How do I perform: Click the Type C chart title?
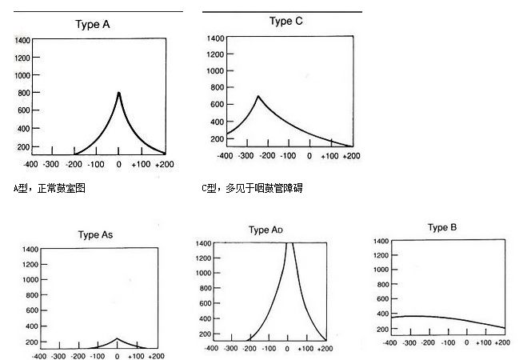point(276,22)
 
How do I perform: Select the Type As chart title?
point(100,235)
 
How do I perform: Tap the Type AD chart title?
point(266,230)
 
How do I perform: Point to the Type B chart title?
point(442,228)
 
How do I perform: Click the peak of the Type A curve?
point(119,93)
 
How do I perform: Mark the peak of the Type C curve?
point(258,97)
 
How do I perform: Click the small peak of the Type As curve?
point(117,338)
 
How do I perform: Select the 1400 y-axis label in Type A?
point(22,40)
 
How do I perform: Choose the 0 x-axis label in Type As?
point(117,356)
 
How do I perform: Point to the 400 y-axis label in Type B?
point(379,313)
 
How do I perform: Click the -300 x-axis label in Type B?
point(409,342)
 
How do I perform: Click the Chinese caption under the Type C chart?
point(252,189)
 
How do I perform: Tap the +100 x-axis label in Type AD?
point(308,350)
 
